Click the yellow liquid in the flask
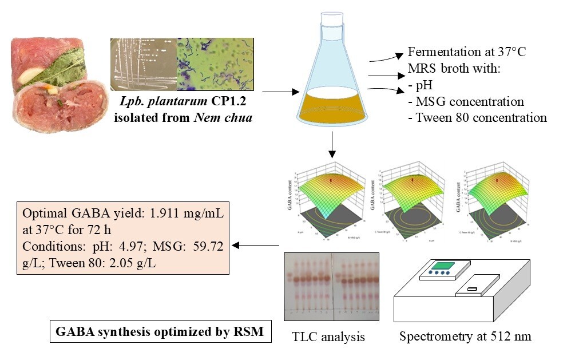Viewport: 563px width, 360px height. coord(331,107)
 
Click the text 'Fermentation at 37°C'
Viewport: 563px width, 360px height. coord(467,52)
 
